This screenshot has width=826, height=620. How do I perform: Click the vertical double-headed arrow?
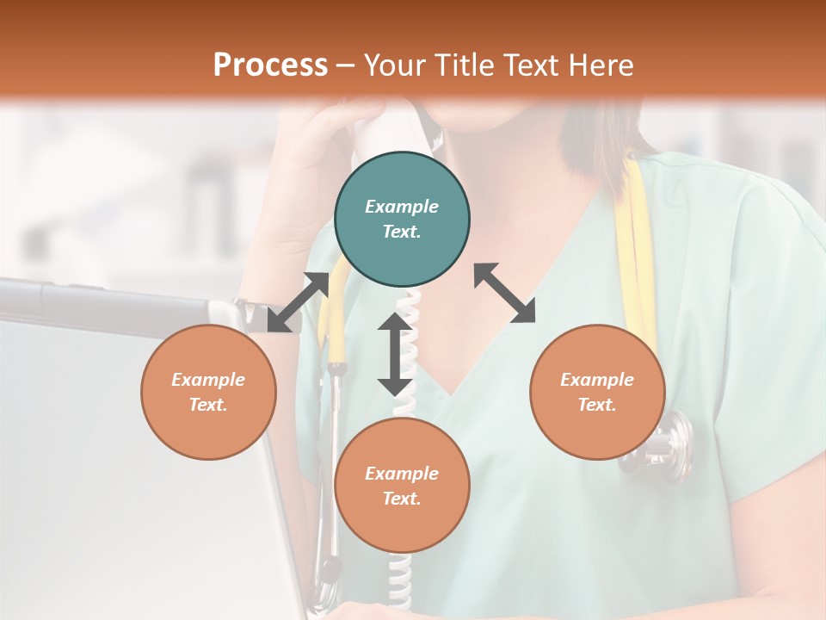click(x=395, y=354)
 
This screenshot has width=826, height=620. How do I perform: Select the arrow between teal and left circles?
click(x=298, y=301)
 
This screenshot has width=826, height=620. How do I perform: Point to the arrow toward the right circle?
click(x=505, y=293)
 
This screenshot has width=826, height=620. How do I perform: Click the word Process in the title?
click(x=270, y=65)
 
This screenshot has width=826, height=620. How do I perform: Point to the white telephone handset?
click(x=372, y=138)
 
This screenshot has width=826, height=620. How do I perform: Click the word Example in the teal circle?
click(x=402, y=207)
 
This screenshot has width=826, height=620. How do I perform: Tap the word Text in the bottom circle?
click(x=401, y=499)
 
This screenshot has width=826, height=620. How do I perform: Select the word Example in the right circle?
click(x=597, y=380)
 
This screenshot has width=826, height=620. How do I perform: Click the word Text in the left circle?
click(x=207, y=405)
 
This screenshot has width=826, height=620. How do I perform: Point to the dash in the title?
click(x=346, y=65)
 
